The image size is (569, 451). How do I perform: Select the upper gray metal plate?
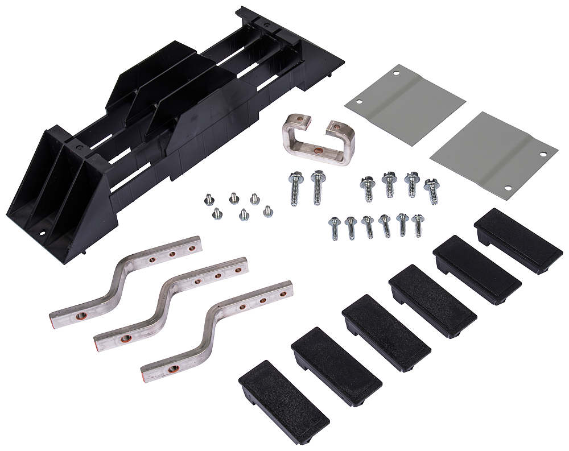coord(405,101)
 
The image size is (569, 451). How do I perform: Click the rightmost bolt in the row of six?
coord(418,224)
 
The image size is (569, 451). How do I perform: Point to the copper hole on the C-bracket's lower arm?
coord(318,151)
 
